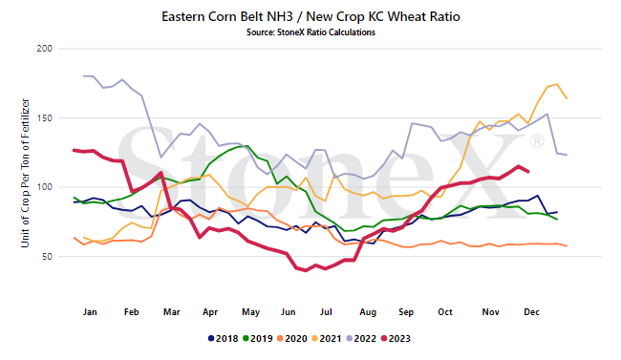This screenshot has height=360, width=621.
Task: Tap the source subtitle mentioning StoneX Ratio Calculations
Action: (310, 32)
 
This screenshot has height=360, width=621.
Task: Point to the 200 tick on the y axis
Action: (45, 49)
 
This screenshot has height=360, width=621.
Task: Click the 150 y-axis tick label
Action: (45, 118)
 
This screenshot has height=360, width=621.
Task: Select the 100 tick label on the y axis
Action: (45, 187)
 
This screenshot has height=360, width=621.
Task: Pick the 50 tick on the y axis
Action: (47, 256)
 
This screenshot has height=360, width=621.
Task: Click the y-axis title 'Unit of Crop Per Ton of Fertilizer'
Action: (26, 173)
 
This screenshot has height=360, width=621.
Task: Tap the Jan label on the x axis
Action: (90, 312)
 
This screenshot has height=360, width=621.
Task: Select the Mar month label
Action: (171, 312)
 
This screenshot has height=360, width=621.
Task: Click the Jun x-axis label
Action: (289, 312)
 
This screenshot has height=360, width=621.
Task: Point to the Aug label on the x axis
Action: (368, 312)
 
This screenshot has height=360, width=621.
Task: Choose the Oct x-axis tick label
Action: (445, 312)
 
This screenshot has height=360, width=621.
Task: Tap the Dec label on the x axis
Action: (531, 312)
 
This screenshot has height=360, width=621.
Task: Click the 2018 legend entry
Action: (223, 339)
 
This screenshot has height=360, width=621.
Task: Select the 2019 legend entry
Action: (257, 339)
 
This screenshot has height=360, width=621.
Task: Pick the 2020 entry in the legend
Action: (292, 339)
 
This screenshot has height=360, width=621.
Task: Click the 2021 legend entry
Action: (327, 339)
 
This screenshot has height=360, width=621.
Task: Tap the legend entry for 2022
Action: (361, 339)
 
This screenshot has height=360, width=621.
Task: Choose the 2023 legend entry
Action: (396, 339)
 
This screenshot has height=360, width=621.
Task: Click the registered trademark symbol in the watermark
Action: (537, 141)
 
